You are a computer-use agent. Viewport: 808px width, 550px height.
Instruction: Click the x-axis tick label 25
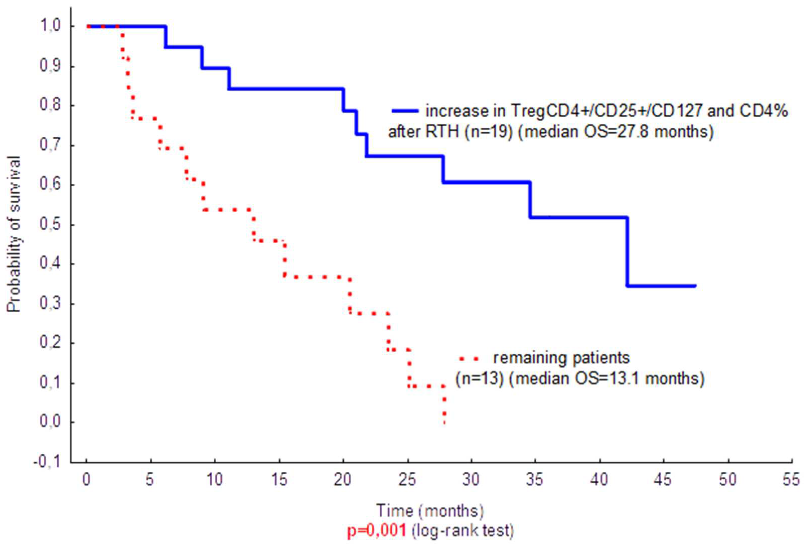click(407, 480)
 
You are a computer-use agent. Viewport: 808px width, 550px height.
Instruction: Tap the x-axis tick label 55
click(791, 480)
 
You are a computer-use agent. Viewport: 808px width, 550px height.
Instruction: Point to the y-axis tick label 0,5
click(50, 224)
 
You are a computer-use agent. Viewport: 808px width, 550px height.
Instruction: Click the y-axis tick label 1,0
click(50, 26)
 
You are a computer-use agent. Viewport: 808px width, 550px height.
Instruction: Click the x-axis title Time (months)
click(430, 511)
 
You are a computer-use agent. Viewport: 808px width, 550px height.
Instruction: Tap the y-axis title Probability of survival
click(14, 234)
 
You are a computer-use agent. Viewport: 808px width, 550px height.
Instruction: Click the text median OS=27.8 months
click(615, 132)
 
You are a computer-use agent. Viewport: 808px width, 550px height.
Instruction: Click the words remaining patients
click(561, 358)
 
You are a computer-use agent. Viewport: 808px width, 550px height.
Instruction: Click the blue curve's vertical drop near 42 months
click(627, 251)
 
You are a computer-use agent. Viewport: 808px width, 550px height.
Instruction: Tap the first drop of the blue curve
click(166, 37)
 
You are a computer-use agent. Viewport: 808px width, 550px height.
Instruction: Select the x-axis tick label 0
click(86, 480)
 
